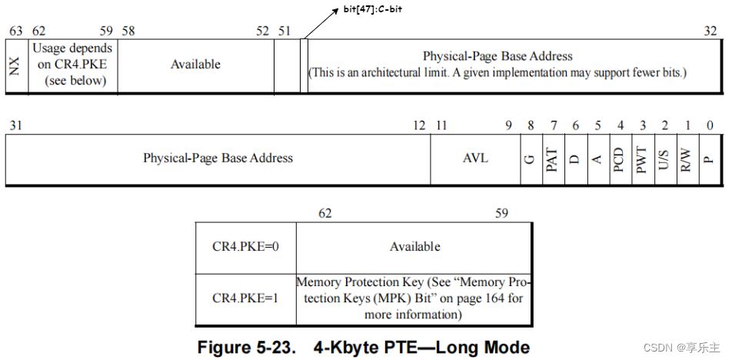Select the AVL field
(x=475, y=158)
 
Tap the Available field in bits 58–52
(x=195, y=65)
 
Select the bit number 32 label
(x=711, y=31)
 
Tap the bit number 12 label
(x=419, y=125)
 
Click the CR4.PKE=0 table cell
(x=245, y=247)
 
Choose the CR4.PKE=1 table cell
(x=245, y=298)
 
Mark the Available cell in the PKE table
(x=414, y=247)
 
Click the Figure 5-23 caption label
(x=246, y=347)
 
